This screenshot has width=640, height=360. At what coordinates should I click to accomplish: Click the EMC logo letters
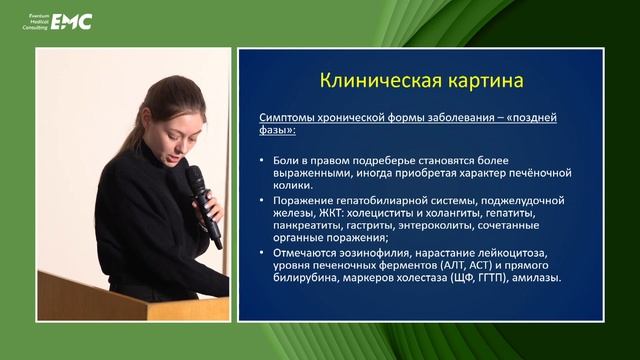click(x=71, y=21)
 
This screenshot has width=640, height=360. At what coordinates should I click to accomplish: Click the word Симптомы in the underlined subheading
click(x=289, y=118)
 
